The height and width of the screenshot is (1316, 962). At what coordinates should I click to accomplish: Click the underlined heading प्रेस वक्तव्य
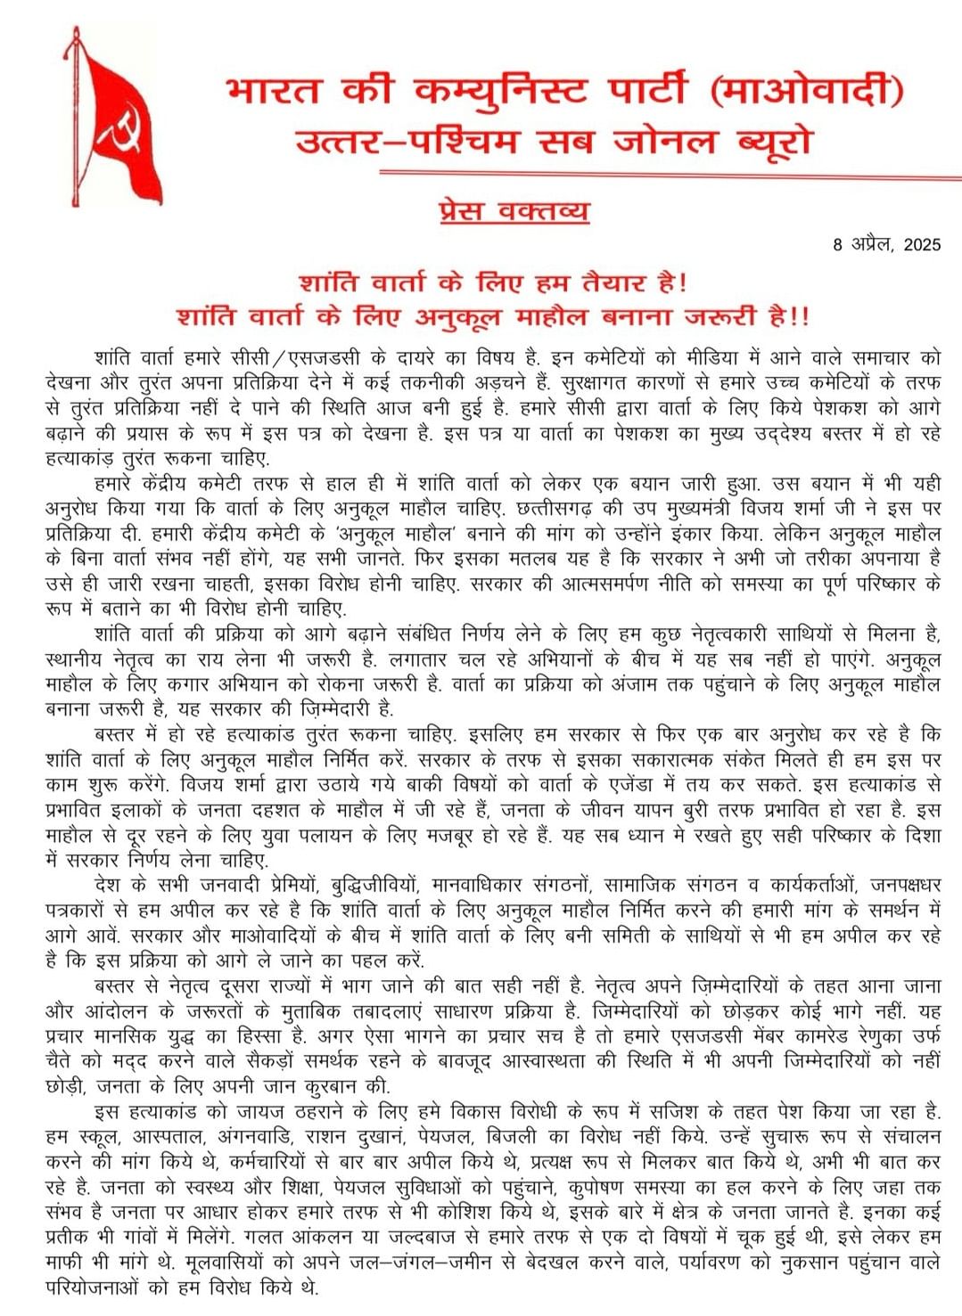click(514, 211)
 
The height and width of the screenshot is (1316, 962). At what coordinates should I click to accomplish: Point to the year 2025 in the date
click(922, 244)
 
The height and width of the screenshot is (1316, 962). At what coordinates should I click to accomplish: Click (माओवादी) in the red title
click(808, 91)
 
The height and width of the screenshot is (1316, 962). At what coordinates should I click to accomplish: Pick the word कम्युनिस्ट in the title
click(501, 91)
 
